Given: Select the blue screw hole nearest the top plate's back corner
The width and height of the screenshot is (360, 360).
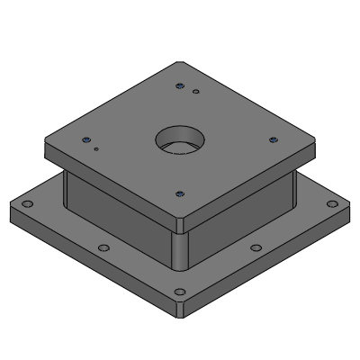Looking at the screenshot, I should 180,86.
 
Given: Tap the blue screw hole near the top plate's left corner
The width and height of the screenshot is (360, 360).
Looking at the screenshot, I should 86,139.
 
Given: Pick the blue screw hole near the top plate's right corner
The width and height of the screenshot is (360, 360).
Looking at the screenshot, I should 272,139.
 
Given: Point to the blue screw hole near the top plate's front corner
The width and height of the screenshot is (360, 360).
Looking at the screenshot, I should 180,193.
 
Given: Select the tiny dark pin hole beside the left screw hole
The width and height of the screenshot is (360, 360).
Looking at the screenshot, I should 96,149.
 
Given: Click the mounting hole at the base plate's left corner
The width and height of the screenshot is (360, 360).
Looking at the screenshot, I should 27,206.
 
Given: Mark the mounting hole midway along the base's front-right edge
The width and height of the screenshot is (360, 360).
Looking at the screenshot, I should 256,247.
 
